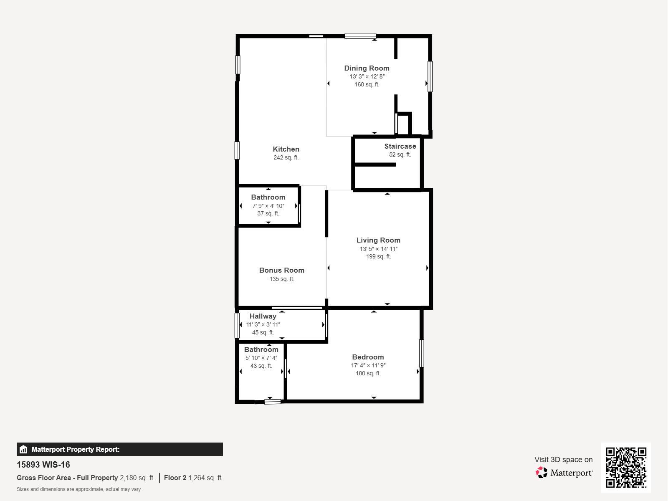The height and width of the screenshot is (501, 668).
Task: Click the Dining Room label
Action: click(367, 68)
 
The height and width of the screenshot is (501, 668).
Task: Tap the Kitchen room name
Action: click(286, 149)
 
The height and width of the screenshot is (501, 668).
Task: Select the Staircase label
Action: click(400, 146)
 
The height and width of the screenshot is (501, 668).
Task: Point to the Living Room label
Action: click(378, 240)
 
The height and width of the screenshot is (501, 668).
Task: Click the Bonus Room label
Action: click(282, 270)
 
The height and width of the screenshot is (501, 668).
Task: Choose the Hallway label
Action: click(263, 316)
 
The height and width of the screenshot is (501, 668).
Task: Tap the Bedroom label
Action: click(368, 357)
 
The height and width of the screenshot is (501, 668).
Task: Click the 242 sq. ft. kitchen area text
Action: click(286, 157)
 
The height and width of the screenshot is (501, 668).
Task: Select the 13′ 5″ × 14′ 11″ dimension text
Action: click(379, 249)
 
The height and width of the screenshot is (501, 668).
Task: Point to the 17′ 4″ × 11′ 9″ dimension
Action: click(368, 365)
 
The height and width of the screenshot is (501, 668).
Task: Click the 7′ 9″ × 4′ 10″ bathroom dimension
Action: click(268, 206)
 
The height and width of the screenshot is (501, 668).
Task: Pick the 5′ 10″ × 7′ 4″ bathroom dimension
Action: click(261, 358)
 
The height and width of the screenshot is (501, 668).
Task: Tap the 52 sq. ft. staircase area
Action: click(400, 154)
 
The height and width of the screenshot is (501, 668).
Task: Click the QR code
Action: click(626, 468)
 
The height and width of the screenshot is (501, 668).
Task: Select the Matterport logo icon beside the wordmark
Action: click(541, 473)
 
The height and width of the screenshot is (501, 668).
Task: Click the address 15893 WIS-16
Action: click(43, 465)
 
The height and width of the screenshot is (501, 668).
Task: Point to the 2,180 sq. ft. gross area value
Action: click(137, 478)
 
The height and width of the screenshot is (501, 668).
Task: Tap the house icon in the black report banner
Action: click(23, 449)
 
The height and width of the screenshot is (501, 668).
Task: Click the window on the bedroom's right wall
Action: click(422, 354)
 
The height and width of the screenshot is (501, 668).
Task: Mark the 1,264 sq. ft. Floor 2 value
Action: click(206, 478)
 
